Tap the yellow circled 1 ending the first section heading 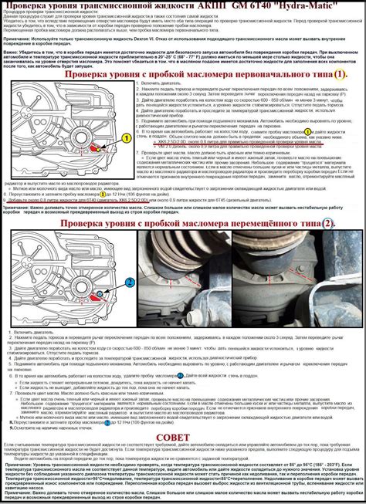341,74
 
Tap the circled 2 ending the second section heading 327,223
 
